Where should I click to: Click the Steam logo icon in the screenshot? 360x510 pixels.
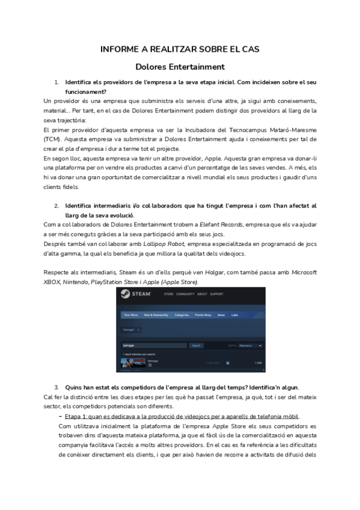click(125, 294)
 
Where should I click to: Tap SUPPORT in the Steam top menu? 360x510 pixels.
click(216, 294)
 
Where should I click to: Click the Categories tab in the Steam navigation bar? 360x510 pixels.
click(182, 315)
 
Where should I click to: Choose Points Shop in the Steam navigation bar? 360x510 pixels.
click(204, 315)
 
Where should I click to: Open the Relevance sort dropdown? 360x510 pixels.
click(250, 346)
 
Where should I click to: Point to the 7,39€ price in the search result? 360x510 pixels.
click(258, 363)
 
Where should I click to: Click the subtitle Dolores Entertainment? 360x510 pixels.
click(180, 67)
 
